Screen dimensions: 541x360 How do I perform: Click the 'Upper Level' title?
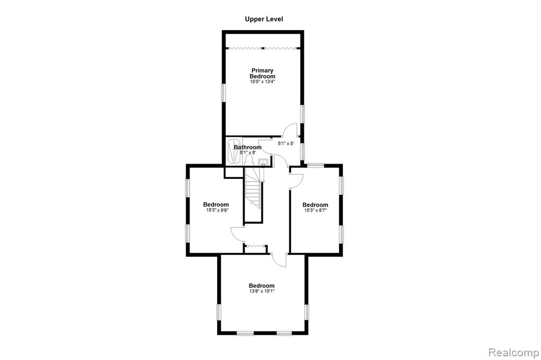264,20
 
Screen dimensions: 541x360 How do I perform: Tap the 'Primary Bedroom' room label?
263,73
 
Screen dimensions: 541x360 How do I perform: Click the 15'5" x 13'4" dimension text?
263,82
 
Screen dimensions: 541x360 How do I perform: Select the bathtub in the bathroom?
234,150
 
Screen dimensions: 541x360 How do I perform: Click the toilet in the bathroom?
249,159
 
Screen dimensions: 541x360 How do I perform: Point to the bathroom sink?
264,162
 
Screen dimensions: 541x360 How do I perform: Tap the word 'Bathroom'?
247,147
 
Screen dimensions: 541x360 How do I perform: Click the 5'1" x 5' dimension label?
286,144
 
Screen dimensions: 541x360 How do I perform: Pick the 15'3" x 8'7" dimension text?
315,210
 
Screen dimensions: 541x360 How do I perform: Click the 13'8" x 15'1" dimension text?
262,291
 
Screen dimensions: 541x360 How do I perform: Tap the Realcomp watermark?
514,353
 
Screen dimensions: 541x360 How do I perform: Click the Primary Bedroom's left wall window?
223,92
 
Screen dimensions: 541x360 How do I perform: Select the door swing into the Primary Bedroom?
290,130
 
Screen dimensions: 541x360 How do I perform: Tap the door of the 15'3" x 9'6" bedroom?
238,234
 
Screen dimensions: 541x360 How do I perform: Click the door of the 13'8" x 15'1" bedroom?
279,260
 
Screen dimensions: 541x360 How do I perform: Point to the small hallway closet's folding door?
255,246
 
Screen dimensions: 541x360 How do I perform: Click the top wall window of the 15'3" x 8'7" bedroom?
316,165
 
